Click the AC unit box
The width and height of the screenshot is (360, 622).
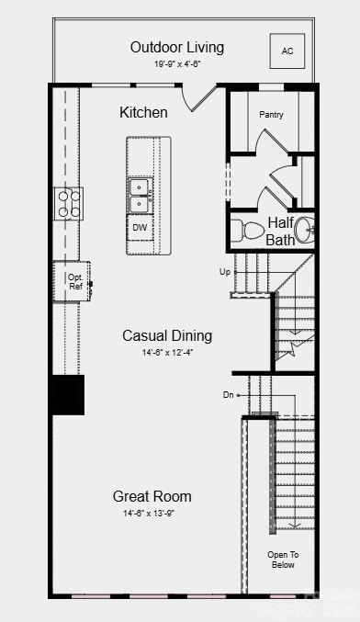tap(287, 51)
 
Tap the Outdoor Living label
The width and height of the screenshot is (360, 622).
tap(177, 47)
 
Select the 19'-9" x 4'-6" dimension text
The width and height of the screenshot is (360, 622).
tap(177, 64)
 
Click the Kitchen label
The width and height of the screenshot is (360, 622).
tap(143, 112)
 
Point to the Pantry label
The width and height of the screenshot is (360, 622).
tap(271, 115)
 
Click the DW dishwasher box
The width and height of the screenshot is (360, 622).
tap(140, 227)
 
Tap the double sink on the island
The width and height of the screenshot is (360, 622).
tap(140, 196)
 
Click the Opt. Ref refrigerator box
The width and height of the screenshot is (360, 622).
tap(74, 281)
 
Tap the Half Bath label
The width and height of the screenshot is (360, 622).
tap(280, 231)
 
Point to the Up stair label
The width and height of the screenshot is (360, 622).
tap(225, 272)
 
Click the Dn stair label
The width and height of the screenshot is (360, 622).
tap(229, 395)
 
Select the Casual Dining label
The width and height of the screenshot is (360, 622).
tap(167, 335)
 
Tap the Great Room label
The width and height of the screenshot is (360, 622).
tap(152, 496)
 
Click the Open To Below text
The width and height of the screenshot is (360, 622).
tap(283, 560)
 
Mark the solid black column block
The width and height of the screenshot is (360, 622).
tap(68, 394)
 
